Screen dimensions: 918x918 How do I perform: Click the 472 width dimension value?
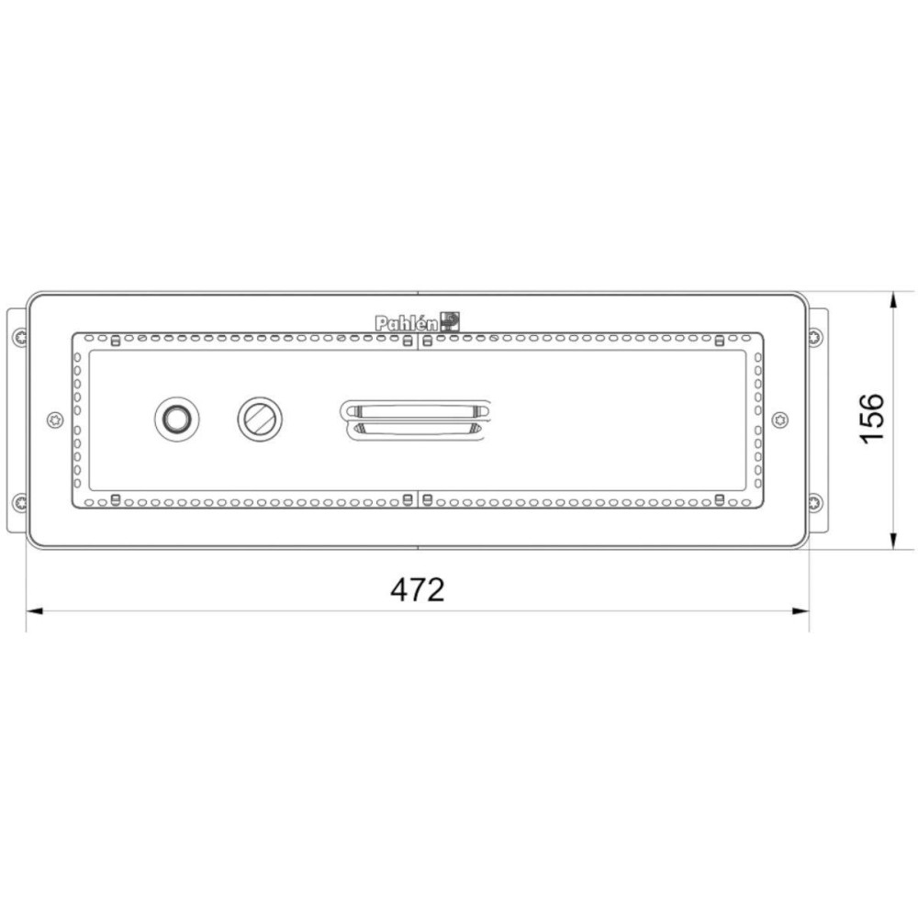click(418, 589)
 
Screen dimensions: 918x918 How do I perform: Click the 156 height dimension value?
click(872, 419)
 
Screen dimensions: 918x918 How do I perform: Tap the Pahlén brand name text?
click(406, 322)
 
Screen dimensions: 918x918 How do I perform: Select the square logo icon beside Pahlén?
click(450, 321)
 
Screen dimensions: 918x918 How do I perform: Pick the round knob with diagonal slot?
click(260, 420)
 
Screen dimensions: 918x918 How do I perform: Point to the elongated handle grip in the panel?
click(415, 420)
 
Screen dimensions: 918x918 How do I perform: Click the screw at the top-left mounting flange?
click(20, 337)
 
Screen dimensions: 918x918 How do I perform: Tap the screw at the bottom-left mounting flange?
click(20, 502)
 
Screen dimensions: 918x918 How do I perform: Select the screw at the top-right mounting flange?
click(815, 337)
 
